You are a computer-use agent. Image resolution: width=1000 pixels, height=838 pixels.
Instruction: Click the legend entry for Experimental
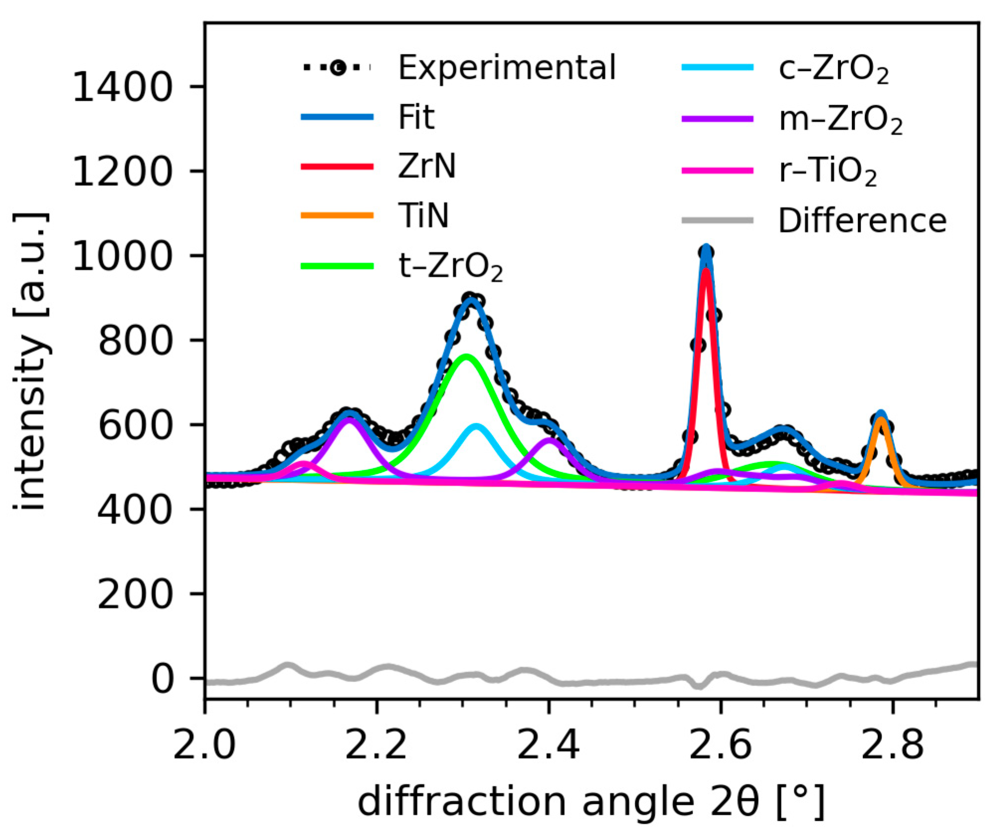(506, 68)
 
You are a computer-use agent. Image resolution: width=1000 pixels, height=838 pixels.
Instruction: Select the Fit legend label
(417, 117)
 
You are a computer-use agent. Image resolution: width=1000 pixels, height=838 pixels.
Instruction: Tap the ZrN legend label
(426, 167)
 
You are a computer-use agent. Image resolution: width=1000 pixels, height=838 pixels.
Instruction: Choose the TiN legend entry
(423, 216)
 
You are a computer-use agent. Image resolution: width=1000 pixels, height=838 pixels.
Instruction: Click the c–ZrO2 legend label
(833, 69)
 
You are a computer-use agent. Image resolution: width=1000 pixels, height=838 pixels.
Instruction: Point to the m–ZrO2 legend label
(840, 120)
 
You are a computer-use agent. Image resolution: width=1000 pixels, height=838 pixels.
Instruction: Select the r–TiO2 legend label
(828, 171)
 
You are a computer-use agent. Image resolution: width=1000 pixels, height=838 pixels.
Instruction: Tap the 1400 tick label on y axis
(122, 87)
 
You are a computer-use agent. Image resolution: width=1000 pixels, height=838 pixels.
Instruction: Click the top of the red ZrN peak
(706, 271)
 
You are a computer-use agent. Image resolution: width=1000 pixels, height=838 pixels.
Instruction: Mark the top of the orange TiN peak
(881, 419)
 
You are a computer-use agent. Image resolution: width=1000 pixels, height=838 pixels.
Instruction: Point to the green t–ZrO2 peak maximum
(466, 356)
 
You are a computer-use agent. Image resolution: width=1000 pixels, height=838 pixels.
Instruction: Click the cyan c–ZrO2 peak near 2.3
(476, 426)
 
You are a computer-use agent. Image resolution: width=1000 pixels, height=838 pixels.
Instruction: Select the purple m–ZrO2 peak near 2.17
(350, 419)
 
